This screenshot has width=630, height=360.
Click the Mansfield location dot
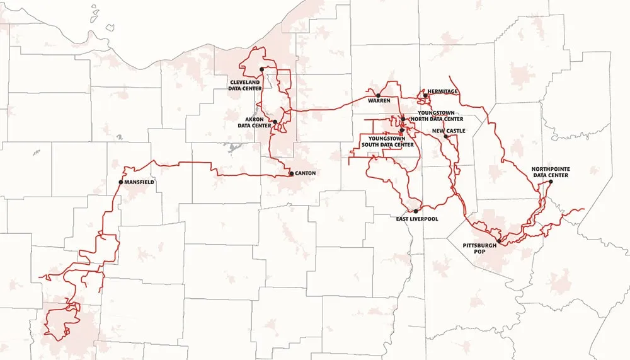(120, 182)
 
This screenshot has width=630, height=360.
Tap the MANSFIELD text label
(139, 182)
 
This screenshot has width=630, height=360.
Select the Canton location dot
(290, 173)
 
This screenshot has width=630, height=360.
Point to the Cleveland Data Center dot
(261, 69)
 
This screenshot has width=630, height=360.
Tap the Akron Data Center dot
(275, 121)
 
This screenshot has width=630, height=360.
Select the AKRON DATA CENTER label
(254, 122)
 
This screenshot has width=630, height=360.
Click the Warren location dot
(378, 96)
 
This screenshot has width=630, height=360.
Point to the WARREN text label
(380, 101)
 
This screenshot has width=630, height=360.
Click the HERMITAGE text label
(443, 91)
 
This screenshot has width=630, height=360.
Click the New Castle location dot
(445, 136)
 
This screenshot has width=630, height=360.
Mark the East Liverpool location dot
(416, 211)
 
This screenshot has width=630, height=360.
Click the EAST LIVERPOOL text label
(417, 219)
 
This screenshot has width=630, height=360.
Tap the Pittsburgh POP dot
(498, 241)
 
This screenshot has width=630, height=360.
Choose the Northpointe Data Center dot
(550, 182)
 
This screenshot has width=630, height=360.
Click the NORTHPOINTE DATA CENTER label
(549, 172)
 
